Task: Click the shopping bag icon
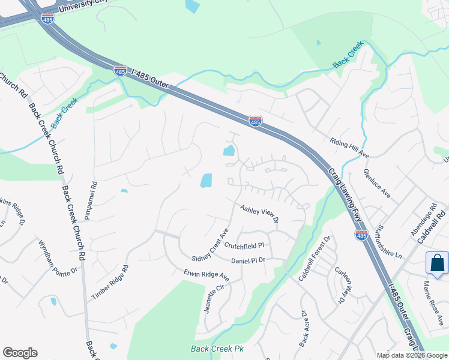coord(436,263)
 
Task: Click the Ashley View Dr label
coord(259,214)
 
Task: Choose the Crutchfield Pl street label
coord(244,245)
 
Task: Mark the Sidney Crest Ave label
coord(210,244)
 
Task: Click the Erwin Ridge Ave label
coord(206,275)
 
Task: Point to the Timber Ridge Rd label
coord(110,283)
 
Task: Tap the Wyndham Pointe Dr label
coord(58,257)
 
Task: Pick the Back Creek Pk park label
coord(217,349)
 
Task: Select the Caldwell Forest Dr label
coord(316,259)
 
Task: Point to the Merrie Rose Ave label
coord(435,301)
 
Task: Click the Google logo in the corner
coord(20,353)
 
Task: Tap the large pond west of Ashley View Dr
coord(206,181)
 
